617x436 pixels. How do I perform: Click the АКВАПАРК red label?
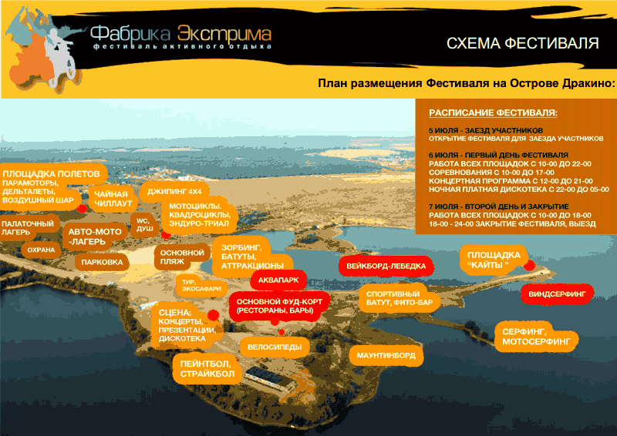278,280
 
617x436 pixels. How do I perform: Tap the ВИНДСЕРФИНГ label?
557,293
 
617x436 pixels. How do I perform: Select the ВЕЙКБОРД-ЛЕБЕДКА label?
386,267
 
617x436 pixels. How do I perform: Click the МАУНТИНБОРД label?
386,355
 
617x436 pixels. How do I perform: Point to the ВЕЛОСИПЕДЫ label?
275,347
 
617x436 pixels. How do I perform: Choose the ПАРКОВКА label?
102,262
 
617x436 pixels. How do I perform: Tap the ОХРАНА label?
41,250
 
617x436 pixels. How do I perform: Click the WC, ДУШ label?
145,224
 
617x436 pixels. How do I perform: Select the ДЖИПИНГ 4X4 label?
174,192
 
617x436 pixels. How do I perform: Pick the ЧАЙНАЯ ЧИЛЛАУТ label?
113,199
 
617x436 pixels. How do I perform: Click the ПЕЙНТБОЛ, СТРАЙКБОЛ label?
207,369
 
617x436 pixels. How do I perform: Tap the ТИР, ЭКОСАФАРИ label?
201,286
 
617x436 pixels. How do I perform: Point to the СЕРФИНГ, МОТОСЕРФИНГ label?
536,337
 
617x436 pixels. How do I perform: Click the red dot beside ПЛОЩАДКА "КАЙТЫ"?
529,265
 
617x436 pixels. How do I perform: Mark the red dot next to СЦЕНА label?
214,314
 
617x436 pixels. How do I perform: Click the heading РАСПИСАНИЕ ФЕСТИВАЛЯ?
493,112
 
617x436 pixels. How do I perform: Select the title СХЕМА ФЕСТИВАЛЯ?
523,43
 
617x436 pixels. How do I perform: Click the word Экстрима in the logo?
224,34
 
